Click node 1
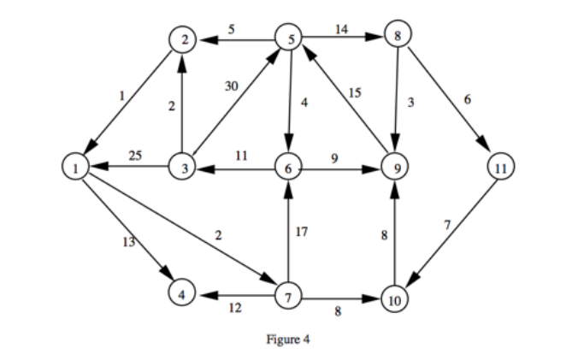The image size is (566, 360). (x=76, y=167)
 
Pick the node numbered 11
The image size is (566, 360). (x=499, y=167)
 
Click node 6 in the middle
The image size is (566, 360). (x=289, y=167)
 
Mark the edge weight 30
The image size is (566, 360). (x=231, y=86)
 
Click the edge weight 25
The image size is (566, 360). (x=135, y=155)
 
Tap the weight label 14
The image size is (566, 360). (x=341, y=28)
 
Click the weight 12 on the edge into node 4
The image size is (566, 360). (x=233, y=308)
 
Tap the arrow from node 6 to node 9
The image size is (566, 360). (x=342, y=167)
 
